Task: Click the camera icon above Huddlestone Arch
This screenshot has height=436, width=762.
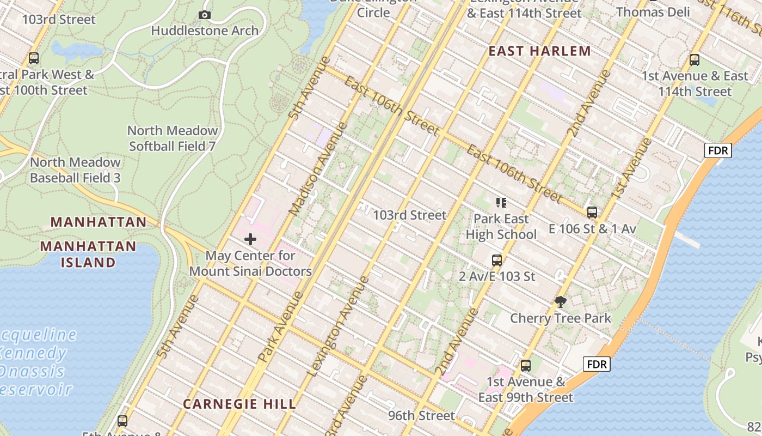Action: [x=205, y=15]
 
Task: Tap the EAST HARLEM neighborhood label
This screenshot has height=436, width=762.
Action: [x=539, y=51]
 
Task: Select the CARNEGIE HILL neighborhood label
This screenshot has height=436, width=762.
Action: [x=239, y=404]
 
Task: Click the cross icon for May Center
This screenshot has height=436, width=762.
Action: [x=250, y=239]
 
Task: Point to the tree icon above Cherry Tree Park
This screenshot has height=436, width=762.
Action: [x=560, y=302]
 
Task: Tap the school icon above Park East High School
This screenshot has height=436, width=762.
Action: [x=501, y=203]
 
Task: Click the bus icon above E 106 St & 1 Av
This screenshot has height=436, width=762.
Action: [x=592, y=213]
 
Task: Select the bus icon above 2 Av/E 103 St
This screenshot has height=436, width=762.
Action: [x=497, y=261]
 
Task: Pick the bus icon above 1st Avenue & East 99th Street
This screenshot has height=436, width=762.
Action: [x=526, y=366]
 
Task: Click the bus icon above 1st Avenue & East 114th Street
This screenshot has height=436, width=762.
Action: [x=695, y=60]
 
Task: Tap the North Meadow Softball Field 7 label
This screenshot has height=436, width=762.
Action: [x=173, y=138]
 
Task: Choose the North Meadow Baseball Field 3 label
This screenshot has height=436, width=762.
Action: [x=75, y=170]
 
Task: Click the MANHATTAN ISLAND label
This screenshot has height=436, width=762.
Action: [x=88, y=254]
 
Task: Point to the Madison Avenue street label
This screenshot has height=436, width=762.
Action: [x=318, y=168]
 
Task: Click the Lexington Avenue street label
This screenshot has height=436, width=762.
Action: [x=338, y=327]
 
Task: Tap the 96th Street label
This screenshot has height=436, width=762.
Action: [x=421, y=416]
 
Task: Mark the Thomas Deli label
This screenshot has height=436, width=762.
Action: [x=653, y=12]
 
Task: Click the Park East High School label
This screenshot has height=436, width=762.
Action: [x=501, y=227]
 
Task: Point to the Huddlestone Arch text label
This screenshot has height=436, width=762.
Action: [x=205, y=31]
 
